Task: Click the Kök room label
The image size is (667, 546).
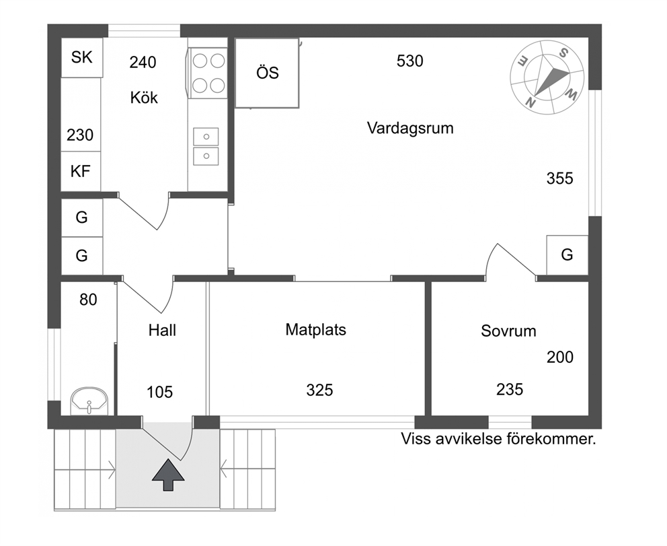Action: tap(144, 98)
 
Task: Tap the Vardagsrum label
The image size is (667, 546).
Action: tap(410, 128)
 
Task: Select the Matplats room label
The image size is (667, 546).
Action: tap(315, 330)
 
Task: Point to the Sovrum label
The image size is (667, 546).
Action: tap(508, 331)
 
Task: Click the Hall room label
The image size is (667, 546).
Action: tap(162, 330)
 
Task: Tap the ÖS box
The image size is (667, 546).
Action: tap(267, 73)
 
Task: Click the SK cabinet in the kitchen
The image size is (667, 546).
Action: tap(81, 57)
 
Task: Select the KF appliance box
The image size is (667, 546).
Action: tap(81, 171)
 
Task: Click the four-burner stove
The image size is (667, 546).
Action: tap(208, 73)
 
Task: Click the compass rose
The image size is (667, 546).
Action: tap(547, 77)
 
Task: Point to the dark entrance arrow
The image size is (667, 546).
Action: tap(169, 475)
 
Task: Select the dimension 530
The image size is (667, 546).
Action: tap(409, 61)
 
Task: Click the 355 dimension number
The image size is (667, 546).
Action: tap(560, 178)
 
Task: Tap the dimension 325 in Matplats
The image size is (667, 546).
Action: tap(319, 390)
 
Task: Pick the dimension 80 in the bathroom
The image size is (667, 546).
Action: tap(88, 300)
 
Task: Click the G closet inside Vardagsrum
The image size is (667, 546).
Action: tap(567, 255)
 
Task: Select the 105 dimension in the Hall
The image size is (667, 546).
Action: tap(159, 393)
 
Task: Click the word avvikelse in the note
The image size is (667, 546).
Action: tap(467, 439)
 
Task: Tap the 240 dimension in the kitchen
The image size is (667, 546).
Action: tap(143, 63)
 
